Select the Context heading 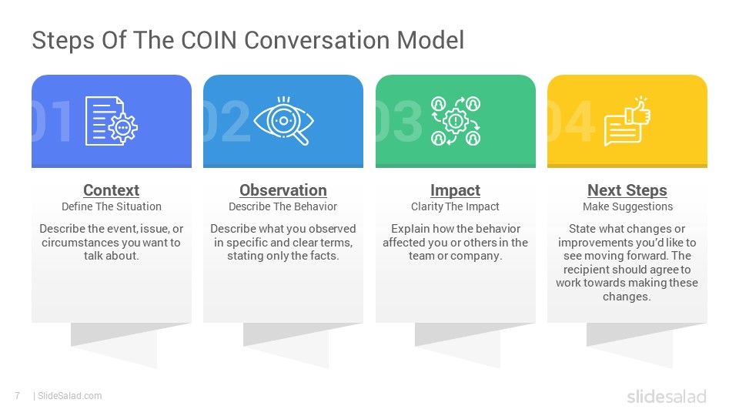[x=111, y=190]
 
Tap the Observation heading [x=283, y=190]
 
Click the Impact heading [x=455, y=190]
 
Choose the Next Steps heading [x=627, y=190]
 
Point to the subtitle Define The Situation [x=112, y=206]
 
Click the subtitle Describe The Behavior [x=283, y=206]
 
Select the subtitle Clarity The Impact [x=455, y=206]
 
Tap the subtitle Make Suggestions [x=628, y=206]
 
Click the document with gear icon [x=111, y=121]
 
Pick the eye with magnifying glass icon [x=283, y=121]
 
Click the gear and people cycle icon [x=455, y=121]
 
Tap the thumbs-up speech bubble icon [x=627, y=121]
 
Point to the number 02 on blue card [x=226, y=121]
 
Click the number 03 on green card [x=399, y=121]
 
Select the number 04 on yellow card [x=570, y=121]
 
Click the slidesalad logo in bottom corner [x=667, y=396]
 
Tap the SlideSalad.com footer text [x=70, y=396]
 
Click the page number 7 [x=18, y=396]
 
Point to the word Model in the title [x=430, y=40]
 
